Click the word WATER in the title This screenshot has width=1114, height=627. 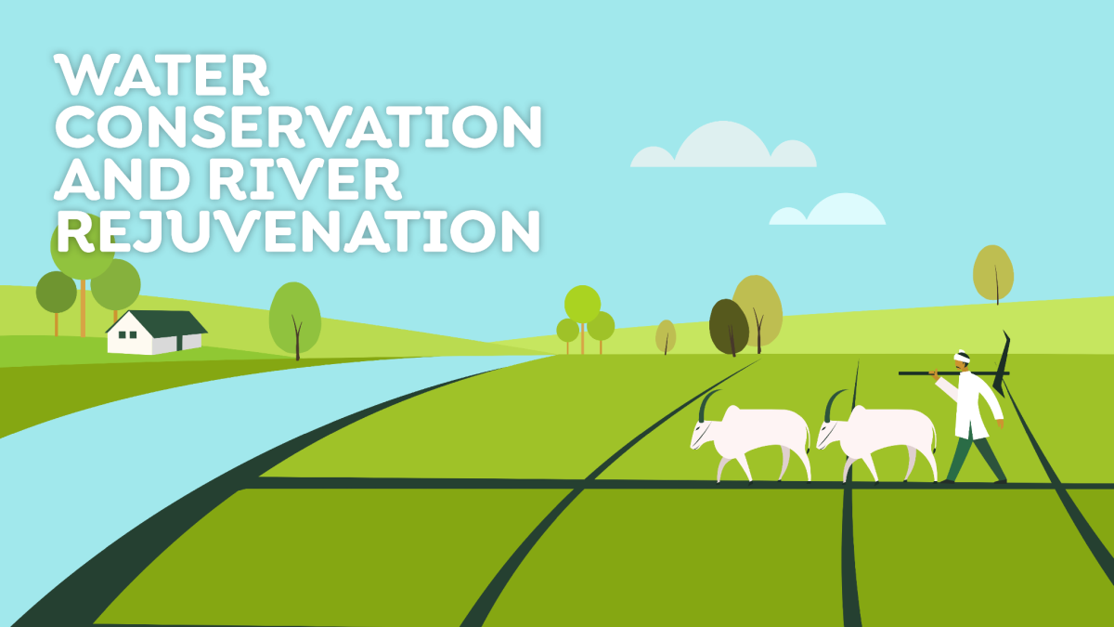tap(162, 75)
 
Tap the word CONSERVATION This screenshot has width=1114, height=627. tap(298, 127)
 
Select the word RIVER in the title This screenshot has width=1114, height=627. tap(304, 179)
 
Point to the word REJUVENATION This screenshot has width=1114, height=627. tap(298, 231)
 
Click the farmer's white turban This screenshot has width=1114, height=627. tap(962, 357)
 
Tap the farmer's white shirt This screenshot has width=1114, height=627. tap(972, 404)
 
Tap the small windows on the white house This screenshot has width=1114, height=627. tap(127, 335)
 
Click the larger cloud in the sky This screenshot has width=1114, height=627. tap(723, 144)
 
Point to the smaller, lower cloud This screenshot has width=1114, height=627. tap(827, 210)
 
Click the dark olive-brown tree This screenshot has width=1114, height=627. tap(729, 326)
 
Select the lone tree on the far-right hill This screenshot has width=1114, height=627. tap(993, 273)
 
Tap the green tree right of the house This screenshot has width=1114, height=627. tap(295, 319)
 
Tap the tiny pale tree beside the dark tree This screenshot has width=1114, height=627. tap(666, 336)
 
